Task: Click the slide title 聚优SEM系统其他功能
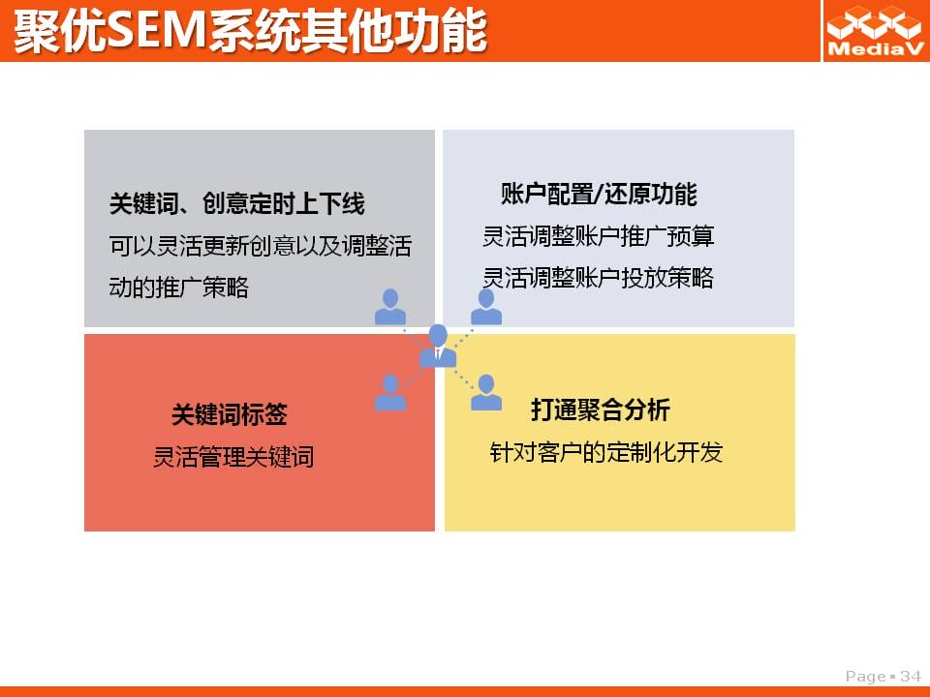click(x=250, y=31)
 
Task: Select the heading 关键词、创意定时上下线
click(x=236, y=203)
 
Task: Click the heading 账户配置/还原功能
click(x=599, y=195)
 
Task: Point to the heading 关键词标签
click(x=230, y=413)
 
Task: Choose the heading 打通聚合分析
click(x=601, y=409)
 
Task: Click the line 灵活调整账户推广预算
click(x=598, y=236)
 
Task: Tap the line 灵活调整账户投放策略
click(x=598, y=278)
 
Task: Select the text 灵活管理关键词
click(x=233, y=456)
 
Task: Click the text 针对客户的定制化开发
click(x=606, y=452)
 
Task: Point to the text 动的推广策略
click(x=178, y=288)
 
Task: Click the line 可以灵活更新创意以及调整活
click(x=261, y=245)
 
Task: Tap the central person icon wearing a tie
click(x=438, y=347)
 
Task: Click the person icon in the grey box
click(x=390, y=307)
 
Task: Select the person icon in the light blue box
click(x=486, y=307)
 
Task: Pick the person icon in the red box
click(x=390, y=392)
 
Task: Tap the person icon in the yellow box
click(x=486, y=392)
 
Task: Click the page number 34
click(x=911, y=677)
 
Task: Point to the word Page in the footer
click(x=866, y=677)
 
